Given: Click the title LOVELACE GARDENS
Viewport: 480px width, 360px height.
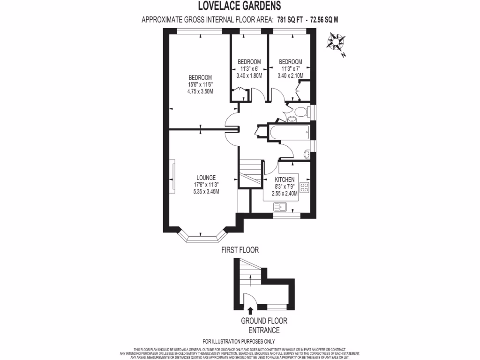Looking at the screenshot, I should pyautogui.click(x=240, y=6).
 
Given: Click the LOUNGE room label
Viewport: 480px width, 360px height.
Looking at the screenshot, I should pyautogui.click(x=206, y=178).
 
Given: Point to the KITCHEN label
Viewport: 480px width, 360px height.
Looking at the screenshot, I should pyautogui.click(x=285, y=180).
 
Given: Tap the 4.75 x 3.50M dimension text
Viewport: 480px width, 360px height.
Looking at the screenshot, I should pyautogui.click(x=200, y=91).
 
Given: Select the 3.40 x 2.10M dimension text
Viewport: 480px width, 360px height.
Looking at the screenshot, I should pyautogui.click(x=290, y=75).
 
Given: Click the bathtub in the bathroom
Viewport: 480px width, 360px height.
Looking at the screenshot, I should pyautogui.click(x=289, y=132).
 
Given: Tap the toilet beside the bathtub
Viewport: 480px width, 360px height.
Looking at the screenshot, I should pyautogui.click(x=299, y=112).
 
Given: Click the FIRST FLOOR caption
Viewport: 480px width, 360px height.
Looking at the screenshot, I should pyautogui.click(x=240, y=250).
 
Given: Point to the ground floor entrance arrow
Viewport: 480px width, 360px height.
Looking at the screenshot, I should pyautogui.click(x=249, y=310).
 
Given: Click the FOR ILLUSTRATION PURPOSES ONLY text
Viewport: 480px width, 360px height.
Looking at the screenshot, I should pyautogui.click(x=239, y=341).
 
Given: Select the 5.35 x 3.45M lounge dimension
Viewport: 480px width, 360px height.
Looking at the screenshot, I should pyautogui.click(x=206, y=191).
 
